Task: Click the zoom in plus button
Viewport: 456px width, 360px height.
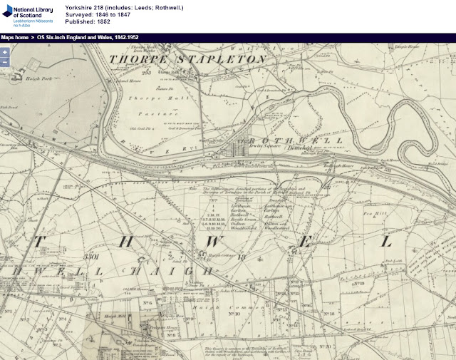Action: (x=4, y=52)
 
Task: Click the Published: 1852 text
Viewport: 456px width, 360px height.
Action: (x=88, y=22)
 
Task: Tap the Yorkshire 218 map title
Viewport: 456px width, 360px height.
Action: (x=123, y=6)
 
